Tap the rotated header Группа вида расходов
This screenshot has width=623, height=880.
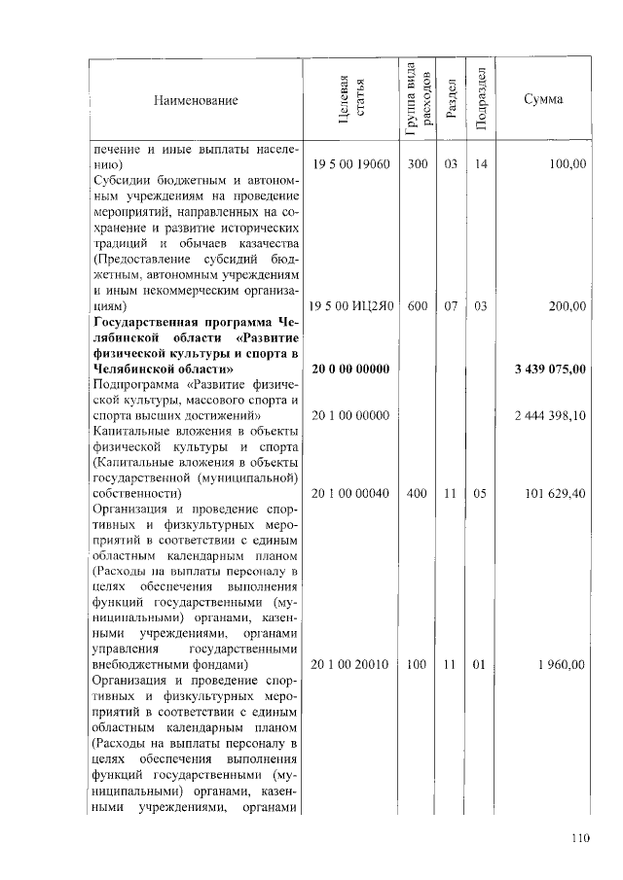point(416,98)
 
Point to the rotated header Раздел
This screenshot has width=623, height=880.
point(451,100)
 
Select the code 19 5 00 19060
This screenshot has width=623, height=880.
point(350,165)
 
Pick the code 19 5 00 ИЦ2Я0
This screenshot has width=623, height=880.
point(350,306)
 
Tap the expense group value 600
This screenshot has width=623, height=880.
point(418,306)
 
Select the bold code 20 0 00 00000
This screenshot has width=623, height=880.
point(350,370)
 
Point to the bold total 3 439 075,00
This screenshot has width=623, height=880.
point(550,370)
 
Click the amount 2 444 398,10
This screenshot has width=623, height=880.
point(550,416)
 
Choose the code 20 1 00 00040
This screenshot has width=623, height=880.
point(350,494)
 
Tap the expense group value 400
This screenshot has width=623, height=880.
point(418,494)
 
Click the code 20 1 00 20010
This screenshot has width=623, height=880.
point(350,665)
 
